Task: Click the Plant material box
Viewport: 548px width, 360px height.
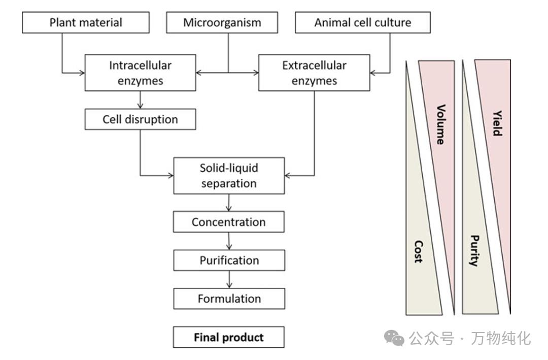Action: [86, 22]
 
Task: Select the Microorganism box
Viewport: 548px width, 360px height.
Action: [222, 22]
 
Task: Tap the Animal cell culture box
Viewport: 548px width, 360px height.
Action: [362, 22]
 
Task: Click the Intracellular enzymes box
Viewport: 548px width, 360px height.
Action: [140, 73]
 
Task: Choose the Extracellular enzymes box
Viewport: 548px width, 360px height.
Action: [314, 73]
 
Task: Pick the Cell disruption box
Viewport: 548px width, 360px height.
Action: [140, 119]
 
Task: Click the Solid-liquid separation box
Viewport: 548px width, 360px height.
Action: [228, 176]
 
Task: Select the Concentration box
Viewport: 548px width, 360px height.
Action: [228, 222]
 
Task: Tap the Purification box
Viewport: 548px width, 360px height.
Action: [229, 260]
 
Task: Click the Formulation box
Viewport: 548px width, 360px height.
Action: [229, 299]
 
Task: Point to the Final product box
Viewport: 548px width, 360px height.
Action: [228, 337]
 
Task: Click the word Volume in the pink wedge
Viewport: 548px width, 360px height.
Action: [440, 124]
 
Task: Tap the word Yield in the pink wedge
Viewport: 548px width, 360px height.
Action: [497, 123]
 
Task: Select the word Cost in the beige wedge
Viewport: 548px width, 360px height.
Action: [418, 251]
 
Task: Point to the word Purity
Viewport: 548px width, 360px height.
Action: [474, 251]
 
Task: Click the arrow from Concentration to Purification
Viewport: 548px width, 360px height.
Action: [229, 241]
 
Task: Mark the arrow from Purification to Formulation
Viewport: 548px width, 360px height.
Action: [229, 279]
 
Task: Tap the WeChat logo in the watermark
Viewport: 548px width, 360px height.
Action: [394, 337]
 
